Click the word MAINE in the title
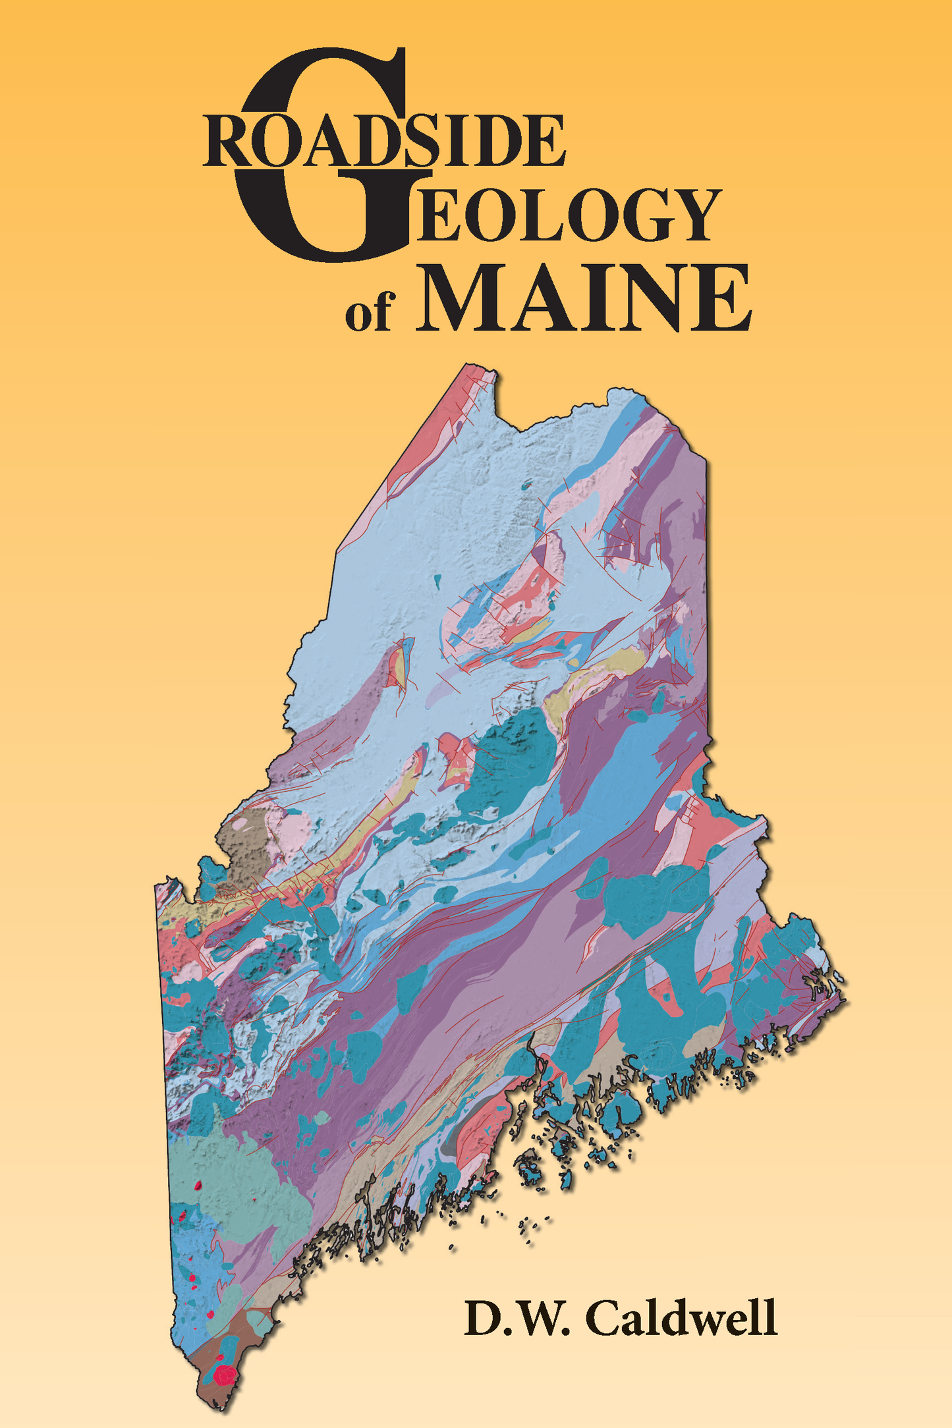(x=583, y=300)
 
